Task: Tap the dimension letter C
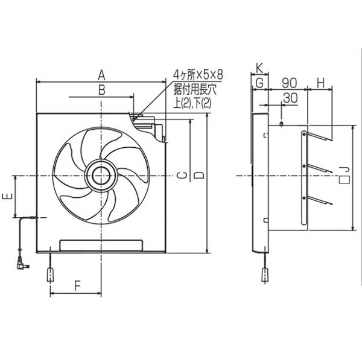click(183, 176)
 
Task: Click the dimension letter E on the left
click(7, 197)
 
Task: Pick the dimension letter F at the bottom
click(77, 285)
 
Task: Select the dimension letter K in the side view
click(259, 67)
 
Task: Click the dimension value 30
click(289, 97)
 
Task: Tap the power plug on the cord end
click(23, 263)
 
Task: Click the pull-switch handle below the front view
click(49, 275)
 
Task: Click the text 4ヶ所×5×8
click(198, 75)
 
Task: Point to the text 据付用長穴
click(194, 89)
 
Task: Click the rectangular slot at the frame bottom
click(101, 244)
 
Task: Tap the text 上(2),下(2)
click(192, 103)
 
